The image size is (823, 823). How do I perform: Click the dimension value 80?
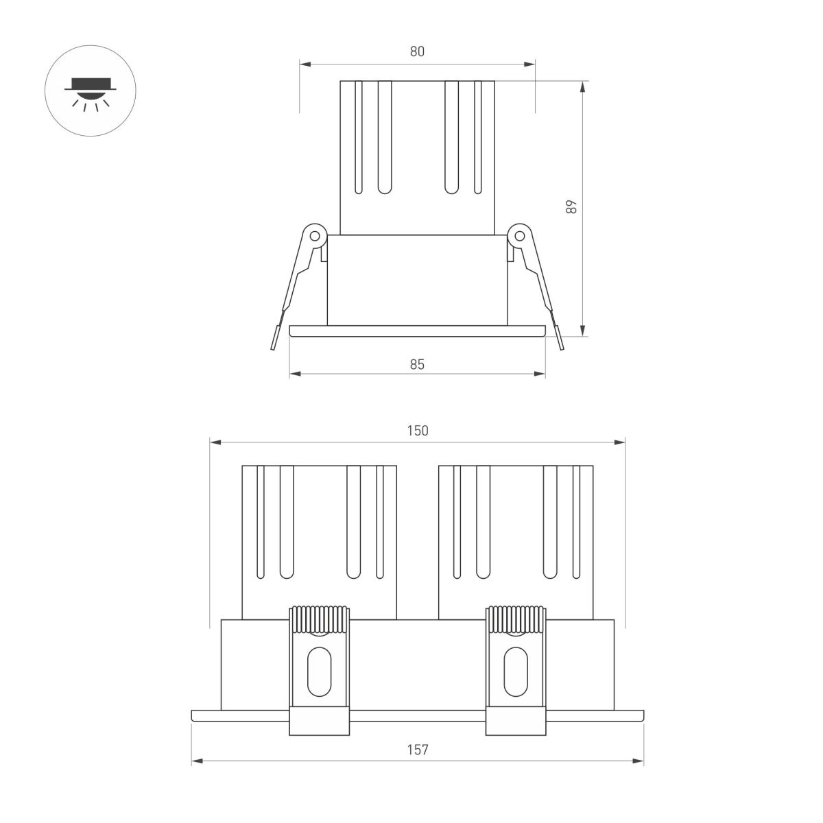coord(418,51)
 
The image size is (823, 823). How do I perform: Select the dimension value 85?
coord(418,364)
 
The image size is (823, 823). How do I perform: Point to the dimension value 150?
coord(418,430)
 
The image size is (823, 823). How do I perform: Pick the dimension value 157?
coord(418,750)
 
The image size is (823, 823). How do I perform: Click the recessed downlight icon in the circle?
coord(91,92)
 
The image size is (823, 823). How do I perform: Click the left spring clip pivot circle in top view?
coord(315,235)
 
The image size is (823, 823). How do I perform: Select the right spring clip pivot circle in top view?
coord(520,235)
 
